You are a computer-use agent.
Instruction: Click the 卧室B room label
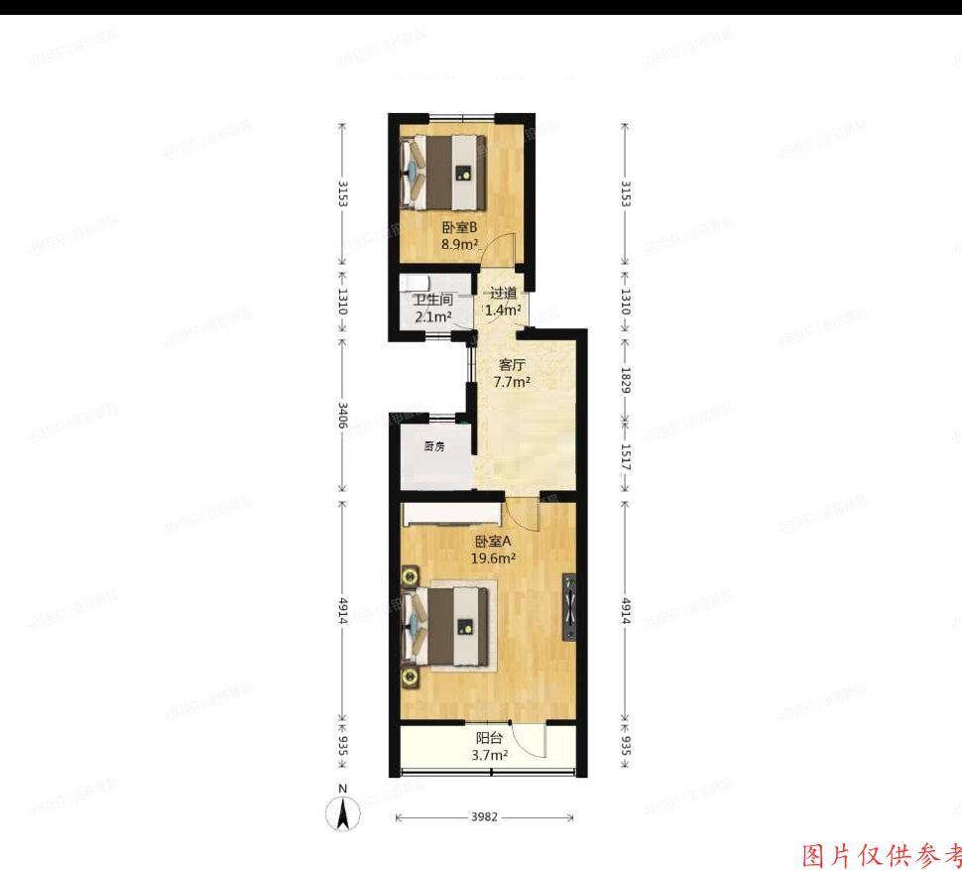[460, 226]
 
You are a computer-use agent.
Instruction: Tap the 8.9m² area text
[460, 243]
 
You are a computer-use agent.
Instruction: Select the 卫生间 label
[432, 300]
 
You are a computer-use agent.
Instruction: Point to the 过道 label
[503, 293]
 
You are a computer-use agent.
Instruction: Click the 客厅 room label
[512, 364]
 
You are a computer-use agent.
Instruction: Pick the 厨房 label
[433, 446]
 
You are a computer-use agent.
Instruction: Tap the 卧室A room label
[492, 542]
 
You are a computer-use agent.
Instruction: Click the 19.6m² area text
[492, 559]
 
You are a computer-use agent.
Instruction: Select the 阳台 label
[489, 738]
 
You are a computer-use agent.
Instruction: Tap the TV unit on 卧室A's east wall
[569, 607]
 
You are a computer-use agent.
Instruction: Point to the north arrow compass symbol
[343, 810]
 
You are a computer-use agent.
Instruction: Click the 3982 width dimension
[484, 817]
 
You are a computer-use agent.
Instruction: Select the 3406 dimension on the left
[343, 415]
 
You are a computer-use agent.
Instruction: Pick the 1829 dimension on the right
[625, 379]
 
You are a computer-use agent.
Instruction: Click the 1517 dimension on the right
[625, 454]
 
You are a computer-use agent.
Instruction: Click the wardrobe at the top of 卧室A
[452, 514]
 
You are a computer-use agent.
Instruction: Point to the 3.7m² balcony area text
[489, 755]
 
